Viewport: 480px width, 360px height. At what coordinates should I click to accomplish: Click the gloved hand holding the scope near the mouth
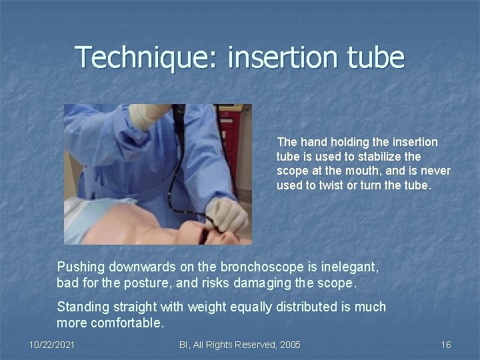(226, 215)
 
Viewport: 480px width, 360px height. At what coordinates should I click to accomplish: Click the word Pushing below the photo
(81, 267)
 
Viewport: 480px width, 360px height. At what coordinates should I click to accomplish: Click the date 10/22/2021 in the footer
(52, 345)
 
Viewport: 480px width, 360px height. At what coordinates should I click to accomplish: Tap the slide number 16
(446, 345)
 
